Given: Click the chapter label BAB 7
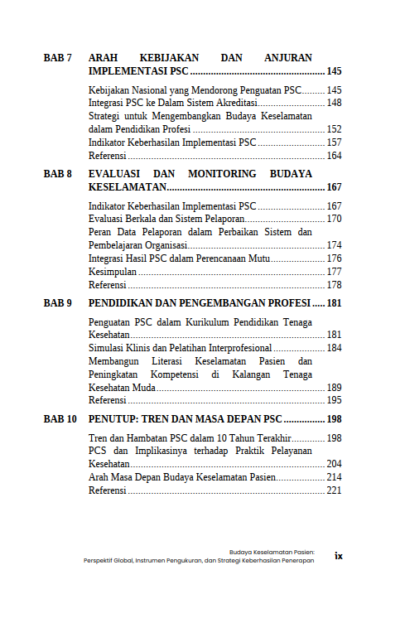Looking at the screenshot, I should (58, 58).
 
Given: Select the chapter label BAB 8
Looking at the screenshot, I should (58, 174).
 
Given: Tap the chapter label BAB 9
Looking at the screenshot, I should (58, 303).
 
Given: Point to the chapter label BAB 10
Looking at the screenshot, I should (60, 419).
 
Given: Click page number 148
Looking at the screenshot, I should (335, 103).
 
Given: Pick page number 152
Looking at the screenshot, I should (335, 129).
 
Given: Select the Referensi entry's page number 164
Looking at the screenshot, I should (335, 156).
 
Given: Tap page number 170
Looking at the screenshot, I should (335, 219).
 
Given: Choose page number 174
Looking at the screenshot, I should (335, 245).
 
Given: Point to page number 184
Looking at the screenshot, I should (335, 348).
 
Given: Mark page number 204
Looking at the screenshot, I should (335, 464).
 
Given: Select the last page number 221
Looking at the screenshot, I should (335, 490).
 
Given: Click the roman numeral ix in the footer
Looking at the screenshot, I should (339, 556).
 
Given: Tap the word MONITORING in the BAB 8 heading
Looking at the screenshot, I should (222, 174).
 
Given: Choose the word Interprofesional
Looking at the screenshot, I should (234, 348).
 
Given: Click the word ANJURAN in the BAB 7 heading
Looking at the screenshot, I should (288, 58).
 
